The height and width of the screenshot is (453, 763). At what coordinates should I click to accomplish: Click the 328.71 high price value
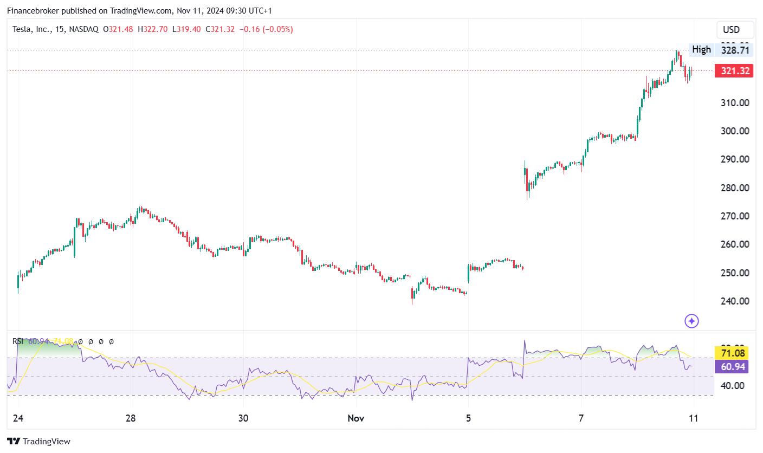click(734, 50)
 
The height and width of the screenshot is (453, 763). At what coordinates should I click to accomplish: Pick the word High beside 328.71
click(701, 50)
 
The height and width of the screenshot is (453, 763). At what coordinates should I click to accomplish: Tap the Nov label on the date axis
click(355, 418)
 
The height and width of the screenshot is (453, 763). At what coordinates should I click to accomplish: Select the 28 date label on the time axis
click(130, 418)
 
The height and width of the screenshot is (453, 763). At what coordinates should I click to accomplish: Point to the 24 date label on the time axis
click(17, 418)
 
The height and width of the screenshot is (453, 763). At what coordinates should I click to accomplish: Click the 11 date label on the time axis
click(693, 418)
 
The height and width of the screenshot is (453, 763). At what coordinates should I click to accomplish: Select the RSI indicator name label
click(18, 341)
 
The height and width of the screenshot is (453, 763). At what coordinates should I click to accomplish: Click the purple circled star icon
click(691, 321)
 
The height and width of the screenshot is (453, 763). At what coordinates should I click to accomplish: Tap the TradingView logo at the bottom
click(38, 442)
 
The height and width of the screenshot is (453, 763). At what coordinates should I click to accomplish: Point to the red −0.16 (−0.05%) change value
click(266, 29)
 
